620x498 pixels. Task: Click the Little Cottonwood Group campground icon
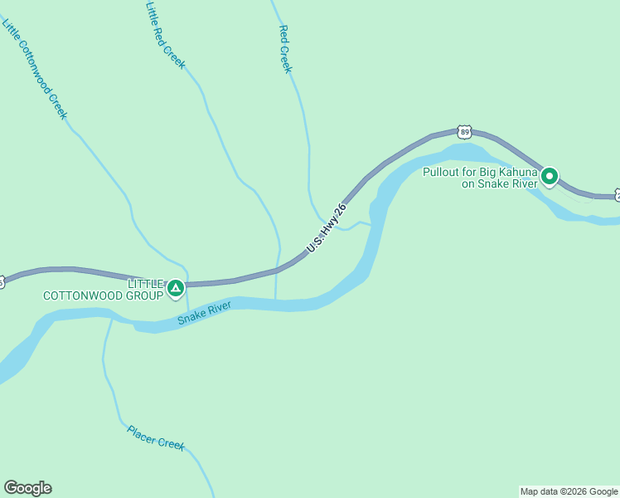click(x=175, y=288)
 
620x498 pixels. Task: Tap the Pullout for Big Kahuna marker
click(x=549, y=176)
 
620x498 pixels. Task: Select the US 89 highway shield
click(x=464, y=132)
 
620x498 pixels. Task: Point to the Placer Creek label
click(x=156, y=437)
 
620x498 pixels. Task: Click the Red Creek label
click(x=286, y=49)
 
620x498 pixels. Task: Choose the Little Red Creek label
click(x=166, y=35)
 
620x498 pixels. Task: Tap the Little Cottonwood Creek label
click(x=34, y=70)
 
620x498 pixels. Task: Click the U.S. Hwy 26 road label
click(x=326, y=227)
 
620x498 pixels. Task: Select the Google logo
click(x=27, y=488)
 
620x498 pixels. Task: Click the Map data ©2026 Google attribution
click(x=569, y=491)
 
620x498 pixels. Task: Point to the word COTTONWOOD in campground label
click(x=80, y=295)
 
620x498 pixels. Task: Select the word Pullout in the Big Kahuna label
click(x=441, y=172)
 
